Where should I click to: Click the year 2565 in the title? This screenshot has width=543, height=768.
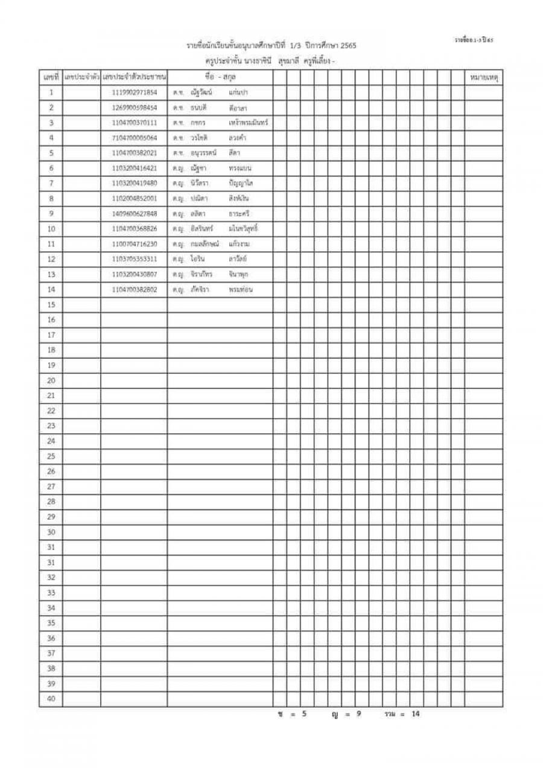coord(349,46)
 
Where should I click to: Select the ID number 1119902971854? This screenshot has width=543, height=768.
coord(134,92)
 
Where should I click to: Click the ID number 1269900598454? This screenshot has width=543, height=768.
coord(134,107)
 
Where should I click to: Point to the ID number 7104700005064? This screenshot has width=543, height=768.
coord(134,138)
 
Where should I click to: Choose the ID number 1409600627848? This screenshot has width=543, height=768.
coord(134,213)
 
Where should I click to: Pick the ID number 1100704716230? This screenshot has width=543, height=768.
coord(134,244)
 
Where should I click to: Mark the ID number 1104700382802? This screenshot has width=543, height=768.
coord(134,289)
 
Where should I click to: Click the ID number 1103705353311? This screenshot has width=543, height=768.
coord(134,259)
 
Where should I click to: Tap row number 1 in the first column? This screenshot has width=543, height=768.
coord(51,92)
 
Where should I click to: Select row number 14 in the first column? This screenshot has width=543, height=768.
coord(51,289)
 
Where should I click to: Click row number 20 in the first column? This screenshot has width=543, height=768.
coord(51,380)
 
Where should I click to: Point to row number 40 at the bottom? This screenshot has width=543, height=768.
coord(51,699)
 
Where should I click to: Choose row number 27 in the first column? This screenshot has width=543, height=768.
coord(51,487)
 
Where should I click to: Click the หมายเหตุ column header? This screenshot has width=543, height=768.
coord(484,77)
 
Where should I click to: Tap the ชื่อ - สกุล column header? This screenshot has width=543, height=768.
coord(220,77)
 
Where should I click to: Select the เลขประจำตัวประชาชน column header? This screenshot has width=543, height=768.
coord(134,77)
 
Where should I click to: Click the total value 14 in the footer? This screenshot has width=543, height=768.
coord(415,714)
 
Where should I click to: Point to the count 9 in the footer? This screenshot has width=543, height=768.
coord(358,714)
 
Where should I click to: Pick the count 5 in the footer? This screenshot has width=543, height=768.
coord(304,714)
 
